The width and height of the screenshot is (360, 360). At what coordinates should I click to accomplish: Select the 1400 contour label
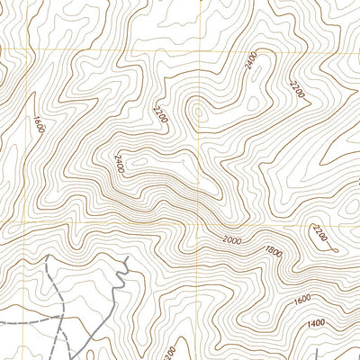coord(316,323)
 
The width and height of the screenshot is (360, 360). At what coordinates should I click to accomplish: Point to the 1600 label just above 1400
coord(302,299)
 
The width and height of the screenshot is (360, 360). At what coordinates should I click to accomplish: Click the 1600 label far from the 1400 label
coord(38,125)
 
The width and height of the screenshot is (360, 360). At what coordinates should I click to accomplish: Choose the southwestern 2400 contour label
coord(119,162)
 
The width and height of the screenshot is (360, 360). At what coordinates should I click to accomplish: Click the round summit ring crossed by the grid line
coord(198,112)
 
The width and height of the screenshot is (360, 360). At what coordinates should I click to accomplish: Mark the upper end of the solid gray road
coord(129,257)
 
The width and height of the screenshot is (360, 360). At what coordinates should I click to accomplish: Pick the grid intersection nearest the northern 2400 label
coord(197,50)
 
